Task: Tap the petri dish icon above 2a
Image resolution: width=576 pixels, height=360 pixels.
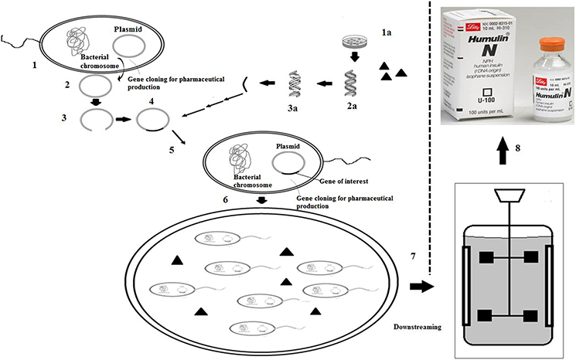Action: (x=350, y=42)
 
